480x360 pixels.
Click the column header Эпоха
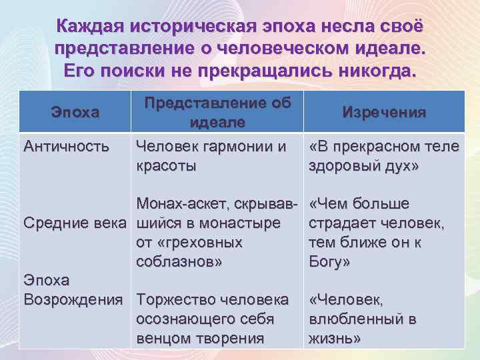(x=75, y=112)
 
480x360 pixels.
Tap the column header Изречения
(x=383, y=112)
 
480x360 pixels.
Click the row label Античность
(x=65, y=146)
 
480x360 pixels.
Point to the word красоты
(x=166, y=165)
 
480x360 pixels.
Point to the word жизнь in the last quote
(x=333, y=339)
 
